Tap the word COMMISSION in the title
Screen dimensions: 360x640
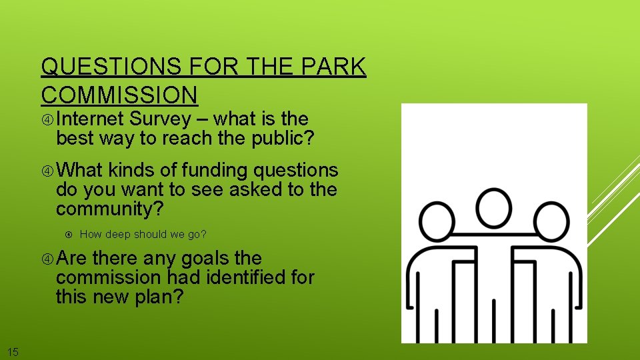coord(119,95)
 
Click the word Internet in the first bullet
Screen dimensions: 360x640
coord(90,119)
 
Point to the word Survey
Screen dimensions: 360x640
coord(161,119)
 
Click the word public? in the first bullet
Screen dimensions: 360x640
coord(285,139)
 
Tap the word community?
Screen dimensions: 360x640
coord(110,209)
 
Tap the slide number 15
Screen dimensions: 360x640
coord(13,351)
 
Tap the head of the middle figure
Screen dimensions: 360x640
coord(494,207)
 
